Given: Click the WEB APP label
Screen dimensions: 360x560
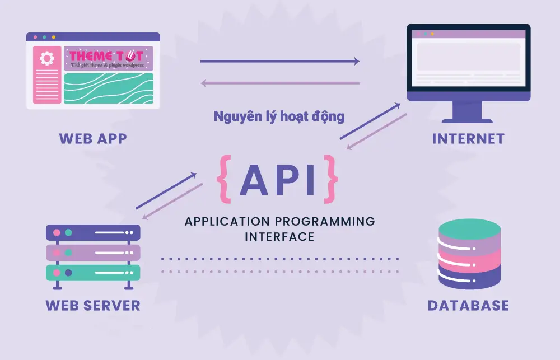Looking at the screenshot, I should tap(93, 138).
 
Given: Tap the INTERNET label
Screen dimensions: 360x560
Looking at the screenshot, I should tap(468, 138).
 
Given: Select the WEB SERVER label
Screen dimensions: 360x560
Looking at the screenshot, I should tap(93, 305).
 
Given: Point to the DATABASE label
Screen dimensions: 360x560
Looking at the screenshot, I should tap(468, 305).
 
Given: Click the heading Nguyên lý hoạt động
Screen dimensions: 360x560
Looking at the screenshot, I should tap(279, 116).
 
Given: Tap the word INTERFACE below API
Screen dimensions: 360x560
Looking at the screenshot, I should tap(279, 236).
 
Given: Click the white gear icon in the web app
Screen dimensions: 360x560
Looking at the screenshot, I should tap(47, 58).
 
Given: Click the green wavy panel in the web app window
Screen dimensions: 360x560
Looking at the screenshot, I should tap(108, 88).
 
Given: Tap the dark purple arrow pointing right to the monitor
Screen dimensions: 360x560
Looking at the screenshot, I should tap(279, 62).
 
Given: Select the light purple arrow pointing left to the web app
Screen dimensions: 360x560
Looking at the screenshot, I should tap(279, 83).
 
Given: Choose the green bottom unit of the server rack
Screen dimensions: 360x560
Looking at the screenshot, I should tap(93, 273).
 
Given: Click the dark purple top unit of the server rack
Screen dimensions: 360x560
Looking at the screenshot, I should tap(93, 232).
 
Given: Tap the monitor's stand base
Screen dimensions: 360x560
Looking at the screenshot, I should tap(468, 120).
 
